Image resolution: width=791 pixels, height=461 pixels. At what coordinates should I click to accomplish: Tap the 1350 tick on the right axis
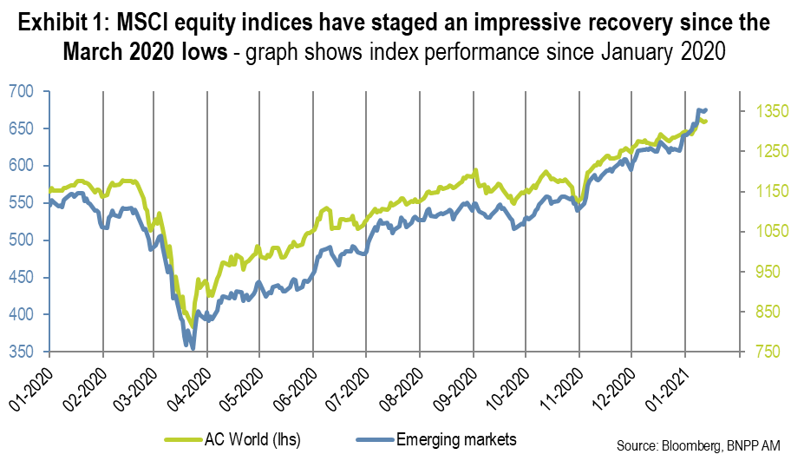click(759, 111)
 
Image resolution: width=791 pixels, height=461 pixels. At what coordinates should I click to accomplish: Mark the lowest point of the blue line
click(193, 347)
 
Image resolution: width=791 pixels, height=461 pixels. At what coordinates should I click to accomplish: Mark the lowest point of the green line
click(191, 326)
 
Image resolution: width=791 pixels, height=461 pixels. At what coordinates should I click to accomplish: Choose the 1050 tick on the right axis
click(759, 231)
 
